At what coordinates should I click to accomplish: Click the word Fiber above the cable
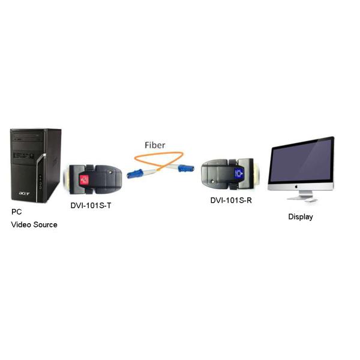tap(155, 145)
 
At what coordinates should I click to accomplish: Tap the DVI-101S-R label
tap(231, 200)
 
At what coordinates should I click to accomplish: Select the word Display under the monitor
tap(300, 217)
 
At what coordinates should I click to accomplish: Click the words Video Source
tap(34, 224)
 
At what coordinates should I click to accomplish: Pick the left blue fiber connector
tap(135, 174)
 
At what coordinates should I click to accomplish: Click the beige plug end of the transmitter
tap(68, 180)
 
